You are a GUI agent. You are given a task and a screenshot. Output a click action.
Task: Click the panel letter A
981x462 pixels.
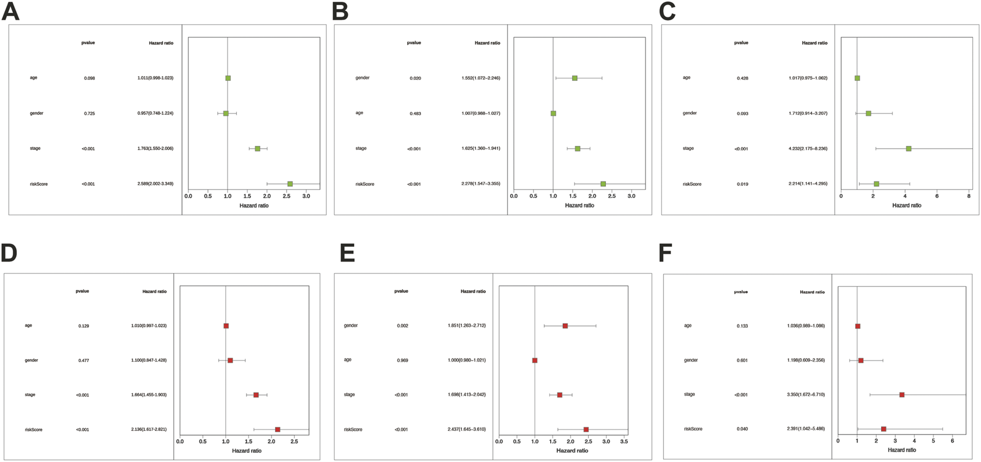point(10,11)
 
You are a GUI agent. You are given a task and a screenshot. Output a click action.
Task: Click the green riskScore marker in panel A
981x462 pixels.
point(290,184)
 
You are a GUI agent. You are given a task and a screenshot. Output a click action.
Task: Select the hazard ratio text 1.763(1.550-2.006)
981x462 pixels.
point(152,149)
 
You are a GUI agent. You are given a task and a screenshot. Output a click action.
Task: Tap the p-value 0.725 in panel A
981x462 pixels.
point(89,114)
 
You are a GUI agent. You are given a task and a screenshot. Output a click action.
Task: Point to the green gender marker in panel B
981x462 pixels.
point(574,78)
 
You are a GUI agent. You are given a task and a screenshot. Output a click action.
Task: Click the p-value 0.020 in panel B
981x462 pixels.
point(415,78)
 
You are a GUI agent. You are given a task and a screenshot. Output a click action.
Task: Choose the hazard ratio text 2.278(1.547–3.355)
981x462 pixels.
point(480,184)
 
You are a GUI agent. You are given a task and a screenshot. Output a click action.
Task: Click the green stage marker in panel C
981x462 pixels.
point(909,149)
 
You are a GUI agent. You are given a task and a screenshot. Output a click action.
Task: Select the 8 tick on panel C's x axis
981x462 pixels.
point(968,196)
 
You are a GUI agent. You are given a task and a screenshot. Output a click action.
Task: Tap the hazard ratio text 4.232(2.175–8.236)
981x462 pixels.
point(808,149)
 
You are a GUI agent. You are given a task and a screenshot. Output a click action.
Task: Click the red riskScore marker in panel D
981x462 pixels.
point(277,429)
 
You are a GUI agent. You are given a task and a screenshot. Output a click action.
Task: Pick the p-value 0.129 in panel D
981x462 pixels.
point(83,326)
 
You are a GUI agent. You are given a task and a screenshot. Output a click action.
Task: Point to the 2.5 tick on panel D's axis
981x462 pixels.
point(294,442)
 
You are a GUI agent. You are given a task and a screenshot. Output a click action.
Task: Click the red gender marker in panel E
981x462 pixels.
point(565,325)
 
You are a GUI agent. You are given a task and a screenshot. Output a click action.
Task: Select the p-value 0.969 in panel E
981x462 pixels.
point(402,360)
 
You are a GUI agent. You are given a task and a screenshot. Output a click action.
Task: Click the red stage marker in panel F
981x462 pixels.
point(902,395)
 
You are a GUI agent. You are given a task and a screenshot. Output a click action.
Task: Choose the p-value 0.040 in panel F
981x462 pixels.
point(742,429)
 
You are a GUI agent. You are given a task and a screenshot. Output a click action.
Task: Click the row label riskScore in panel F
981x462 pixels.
point(693,429)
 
